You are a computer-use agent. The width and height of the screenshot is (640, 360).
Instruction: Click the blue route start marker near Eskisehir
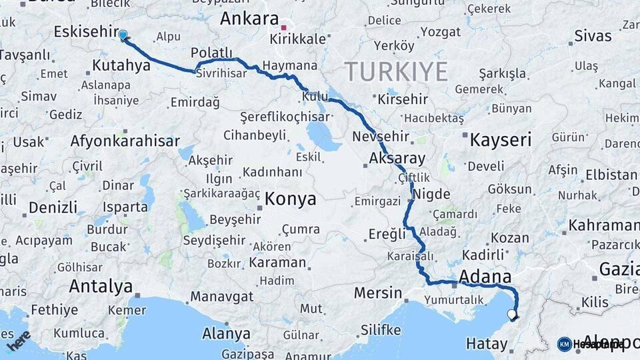(x=123, y=35)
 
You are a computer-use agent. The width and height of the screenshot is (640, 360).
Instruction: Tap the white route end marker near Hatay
(x=511, y=314)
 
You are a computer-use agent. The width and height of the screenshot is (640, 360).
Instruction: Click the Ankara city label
(x=249, y=18)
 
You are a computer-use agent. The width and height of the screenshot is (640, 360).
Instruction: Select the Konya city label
(x=290, y=199)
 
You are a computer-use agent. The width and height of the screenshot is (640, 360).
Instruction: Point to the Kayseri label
(x=500, y=140)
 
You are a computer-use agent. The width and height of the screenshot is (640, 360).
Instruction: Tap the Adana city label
(x=485, y=277)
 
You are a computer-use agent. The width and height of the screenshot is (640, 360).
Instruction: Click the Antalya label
(x=101, y=287)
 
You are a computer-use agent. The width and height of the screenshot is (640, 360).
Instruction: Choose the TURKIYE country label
(x=396, y=71)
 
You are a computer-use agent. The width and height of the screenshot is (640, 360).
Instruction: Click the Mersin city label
(x=378, y=293)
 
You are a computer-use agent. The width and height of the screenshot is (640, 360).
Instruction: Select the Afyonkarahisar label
(x=125, y=141)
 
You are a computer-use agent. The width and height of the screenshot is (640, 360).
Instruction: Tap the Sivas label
(x=593, y=35)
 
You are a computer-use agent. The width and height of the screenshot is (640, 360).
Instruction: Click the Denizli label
(x=53, y=207)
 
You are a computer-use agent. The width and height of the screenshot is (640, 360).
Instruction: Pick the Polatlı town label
(x=211, y=53)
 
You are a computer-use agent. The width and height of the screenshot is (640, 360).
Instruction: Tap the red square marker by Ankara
(x=284, y=28)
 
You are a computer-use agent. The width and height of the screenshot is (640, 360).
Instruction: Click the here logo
(x=19, y=340)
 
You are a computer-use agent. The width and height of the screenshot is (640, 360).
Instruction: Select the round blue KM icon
(x=564, y=344)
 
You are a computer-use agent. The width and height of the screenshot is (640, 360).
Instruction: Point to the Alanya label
(x=227, y=333)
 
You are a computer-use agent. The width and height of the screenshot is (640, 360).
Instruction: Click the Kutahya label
(x=121, y=65)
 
